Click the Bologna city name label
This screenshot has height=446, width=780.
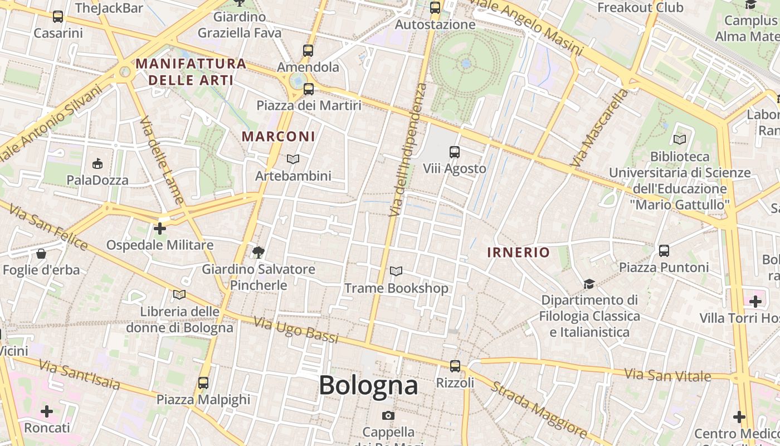368,385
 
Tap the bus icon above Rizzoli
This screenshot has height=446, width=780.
455,366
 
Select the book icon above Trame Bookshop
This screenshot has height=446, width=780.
396,272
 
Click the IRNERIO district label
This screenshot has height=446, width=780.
518,252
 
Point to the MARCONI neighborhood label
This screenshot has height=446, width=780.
279,137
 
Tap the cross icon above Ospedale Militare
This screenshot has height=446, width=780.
160,229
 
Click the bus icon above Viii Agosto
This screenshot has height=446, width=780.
455,152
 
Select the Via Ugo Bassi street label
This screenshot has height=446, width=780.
296,329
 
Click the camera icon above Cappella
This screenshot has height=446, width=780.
388,415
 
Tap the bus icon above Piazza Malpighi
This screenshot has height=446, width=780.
203,383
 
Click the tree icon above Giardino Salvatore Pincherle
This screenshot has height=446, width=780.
258,253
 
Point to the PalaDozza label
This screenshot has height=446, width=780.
97,180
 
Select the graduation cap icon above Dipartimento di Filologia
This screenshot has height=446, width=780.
589,284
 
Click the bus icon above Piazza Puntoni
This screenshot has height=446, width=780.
664,251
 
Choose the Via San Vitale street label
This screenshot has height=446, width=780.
667,375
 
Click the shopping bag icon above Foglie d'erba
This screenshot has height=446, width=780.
41,254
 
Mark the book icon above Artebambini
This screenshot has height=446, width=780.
293,159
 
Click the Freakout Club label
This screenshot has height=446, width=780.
640,8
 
